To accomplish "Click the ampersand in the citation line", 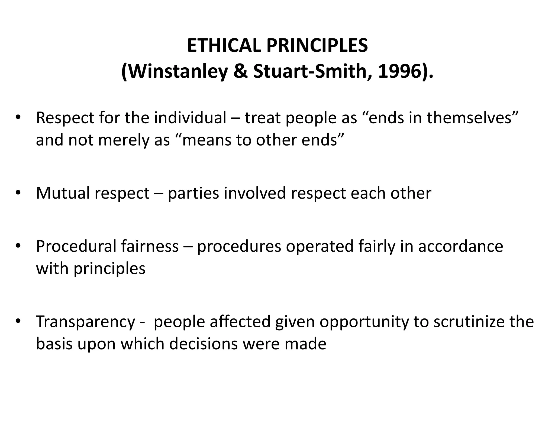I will [x=240, y=72].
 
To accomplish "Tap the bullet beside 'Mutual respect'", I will [x=18, y=193].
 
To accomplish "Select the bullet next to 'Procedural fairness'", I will [x=18, y=246].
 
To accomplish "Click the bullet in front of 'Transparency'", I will [x=18, y=321].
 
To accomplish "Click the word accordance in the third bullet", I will [x=460, y=246].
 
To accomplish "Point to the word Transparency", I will [x=85, y=322].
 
